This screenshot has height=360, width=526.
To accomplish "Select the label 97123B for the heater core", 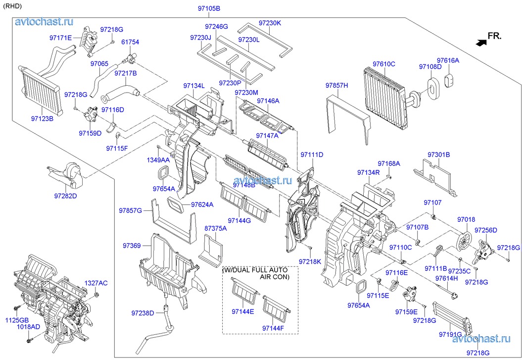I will coord(42,119).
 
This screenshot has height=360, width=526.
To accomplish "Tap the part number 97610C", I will coord(384,64).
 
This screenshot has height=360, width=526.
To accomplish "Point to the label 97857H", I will coord(337,86).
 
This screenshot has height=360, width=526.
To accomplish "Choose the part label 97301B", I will coord(438,155).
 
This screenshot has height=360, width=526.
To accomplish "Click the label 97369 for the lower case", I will coord(132,246).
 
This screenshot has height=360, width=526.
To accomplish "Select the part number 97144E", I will coord(242,311).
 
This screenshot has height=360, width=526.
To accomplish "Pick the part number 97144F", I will coord(273,328).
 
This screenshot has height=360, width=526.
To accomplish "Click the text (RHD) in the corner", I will coord(12,6).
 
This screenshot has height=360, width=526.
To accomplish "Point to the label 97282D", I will coord(66,196).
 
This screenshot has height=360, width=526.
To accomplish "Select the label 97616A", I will coord(448,60).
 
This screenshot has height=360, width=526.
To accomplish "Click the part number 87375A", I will coord(215,228).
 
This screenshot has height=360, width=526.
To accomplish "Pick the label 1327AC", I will coord(96,283).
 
